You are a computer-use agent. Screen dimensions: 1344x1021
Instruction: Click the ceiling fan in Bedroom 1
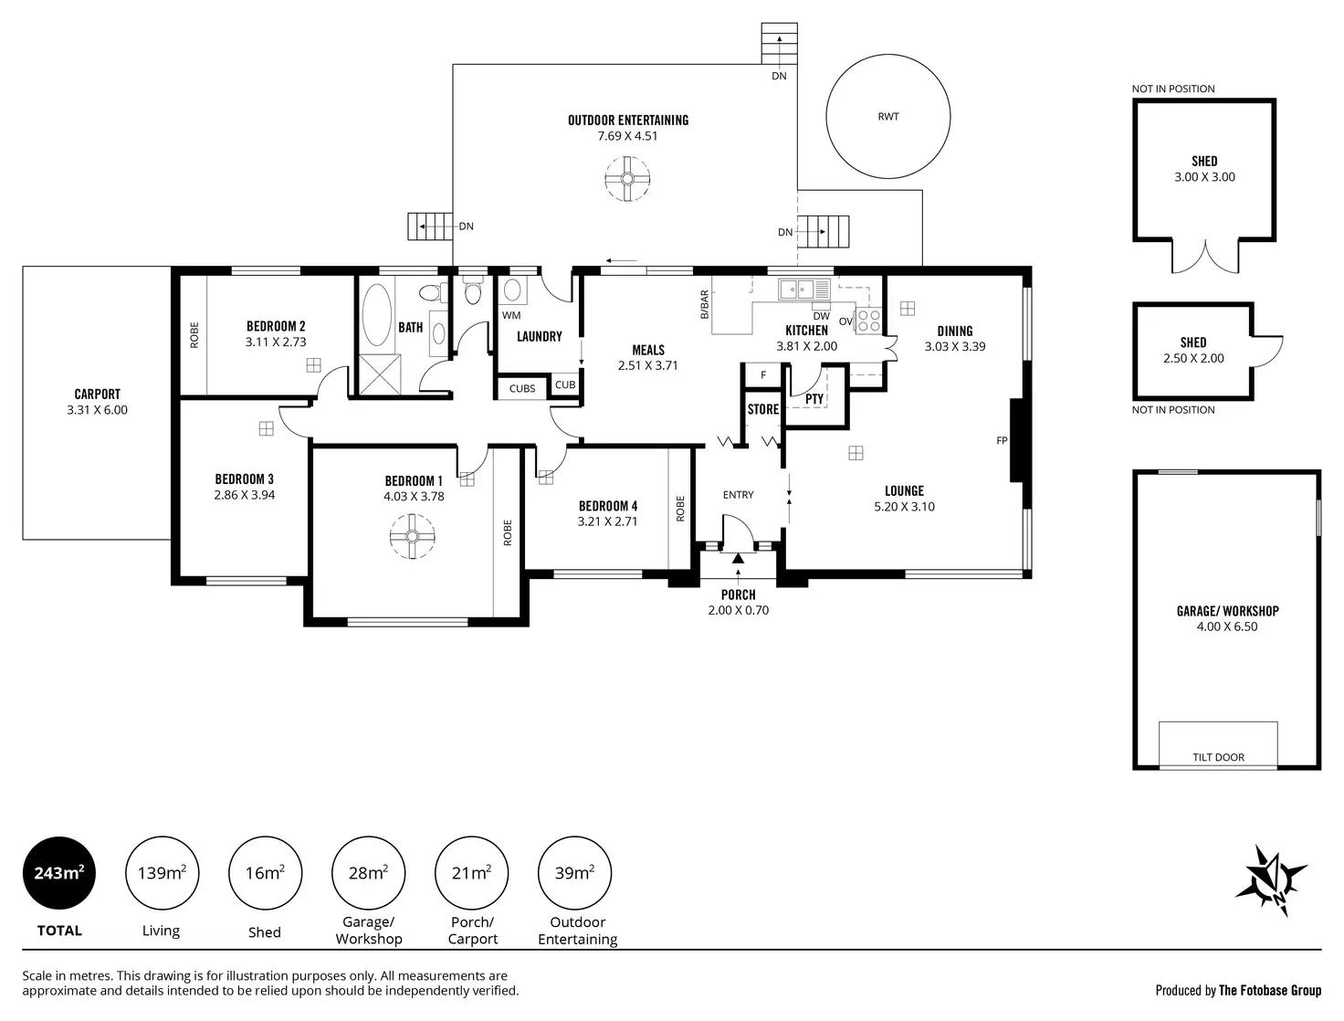[x=412, y=537]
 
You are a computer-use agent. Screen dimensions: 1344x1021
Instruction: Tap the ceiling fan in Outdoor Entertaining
[x=627, y=179]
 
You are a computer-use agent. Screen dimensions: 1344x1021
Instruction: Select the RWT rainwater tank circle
[x=887, y=116]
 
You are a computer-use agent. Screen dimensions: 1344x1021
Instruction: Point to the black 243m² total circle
[x=59, y=873]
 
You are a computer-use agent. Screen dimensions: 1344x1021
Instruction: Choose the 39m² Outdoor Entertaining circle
[x=574, y=873]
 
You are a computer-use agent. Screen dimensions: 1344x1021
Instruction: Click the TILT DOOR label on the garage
[x=1218, y=757]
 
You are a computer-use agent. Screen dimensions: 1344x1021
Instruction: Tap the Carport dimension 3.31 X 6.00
[x=98, y=410]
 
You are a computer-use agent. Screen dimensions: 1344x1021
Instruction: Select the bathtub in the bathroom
[x=376, y=315]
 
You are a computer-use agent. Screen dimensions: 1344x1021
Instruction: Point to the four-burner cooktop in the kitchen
[x=867, y=321]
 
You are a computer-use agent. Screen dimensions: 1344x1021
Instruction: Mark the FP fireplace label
[x=1002, y=440]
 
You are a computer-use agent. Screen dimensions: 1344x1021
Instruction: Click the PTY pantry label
[x=814, y=399]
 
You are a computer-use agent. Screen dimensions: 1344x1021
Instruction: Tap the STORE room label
[x=763, y=409]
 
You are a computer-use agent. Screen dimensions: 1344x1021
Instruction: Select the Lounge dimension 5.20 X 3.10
[x=904, y=507]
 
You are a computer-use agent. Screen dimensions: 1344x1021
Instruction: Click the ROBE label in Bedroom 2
[x=194, y=336]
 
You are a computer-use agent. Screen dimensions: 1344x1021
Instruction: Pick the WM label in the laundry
[x=511, y=315]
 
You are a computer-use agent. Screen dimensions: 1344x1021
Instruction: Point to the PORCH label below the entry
[x=738, y=595]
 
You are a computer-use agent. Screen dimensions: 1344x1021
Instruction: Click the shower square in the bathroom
[x=380, y=374]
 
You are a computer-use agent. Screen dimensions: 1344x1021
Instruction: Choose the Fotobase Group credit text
[x=1238, y=990]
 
